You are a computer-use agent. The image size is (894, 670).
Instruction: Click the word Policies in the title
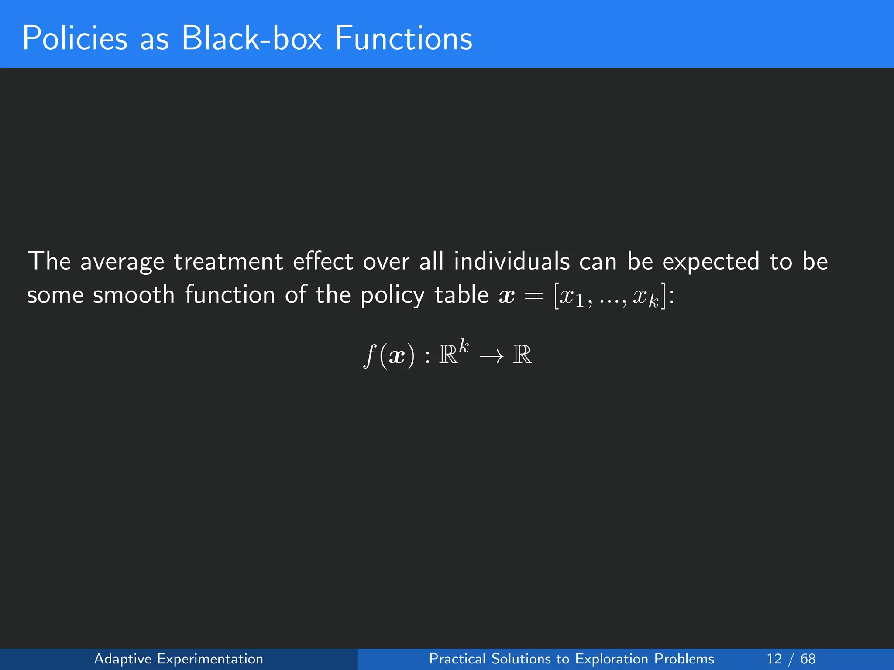[x=75, y=38]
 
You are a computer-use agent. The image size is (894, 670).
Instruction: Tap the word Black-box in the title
[x=252, y=38]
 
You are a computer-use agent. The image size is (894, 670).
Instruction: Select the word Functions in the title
[x=404, y=38]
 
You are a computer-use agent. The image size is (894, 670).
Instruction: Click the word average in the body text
[x=122, y=262]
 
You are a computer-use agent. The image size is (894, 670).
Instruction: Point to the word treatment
[x=228, y=262]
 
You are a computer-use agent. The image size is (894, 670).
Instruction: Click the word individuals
[x=512, y=262]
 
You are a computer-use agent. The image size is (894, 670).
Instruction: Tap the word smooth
[x=134, y=295]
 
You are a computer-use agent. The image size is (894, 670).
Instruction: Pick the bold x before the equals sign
[x=507, y=297]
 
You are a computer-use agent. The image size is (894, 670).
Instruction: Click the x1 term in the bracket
[x=572, y=297]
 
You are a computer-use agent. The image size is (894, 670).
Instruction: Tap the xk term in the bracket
[x=646, y=298]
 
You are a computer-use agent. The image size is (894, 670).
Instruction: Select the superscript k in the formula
[x=464, y=347]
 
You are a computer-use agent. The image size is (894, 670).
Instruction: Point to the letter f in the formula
[x=370, y=355]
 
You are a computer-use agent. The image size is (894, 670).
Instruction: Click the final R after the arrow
[x=522, y=355]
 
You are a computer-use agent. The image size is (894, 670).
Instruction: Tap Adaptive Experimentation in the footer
[x=179, y=659]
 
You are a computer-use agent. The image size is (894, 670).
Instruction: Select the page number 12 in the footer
[x=774, y=659]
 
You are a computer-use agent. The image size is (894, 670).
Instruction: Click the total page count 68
[x=808, y=659]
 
